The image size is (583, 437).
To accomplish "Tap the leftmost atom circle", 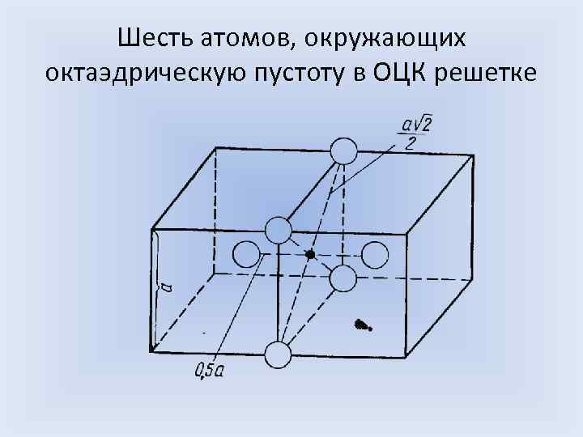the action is point(246,256).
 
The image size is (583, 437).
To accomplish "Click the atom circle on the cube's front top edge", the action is point(278,231).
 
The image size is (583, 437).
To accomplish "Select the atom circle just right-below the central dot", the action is point(343,278).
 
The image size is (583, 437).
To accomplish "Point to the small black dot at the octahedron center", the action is point(310,255).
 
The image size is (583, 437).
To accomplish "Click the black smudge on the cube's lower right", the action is point(363,325).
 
